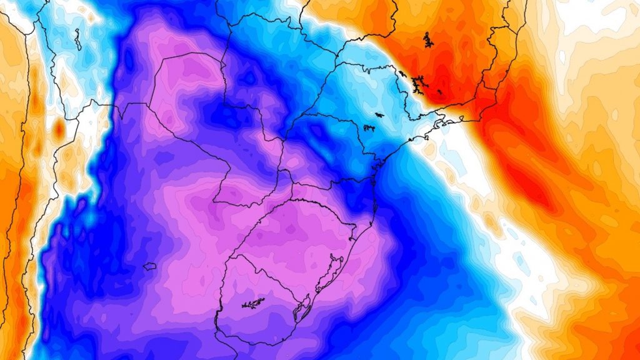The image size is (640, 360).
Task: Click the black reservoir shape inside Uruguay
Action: (252, 304)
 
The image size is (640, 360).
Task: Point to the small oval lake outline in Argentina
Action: (149, 267)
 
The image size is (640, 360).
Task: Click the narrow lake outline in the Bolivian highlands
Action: (77, 41)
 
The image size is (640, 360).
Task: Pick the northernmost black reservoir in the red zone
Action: (428, 41)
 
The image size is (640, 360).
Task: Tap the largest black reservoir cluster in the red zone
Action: (418, 81)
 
